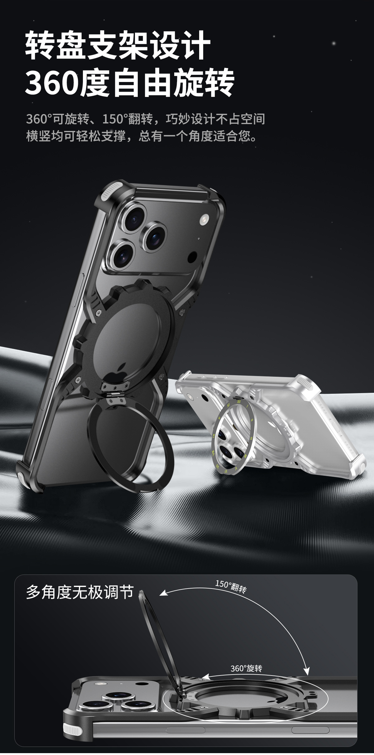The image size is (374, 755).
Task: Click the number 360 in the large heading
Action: tap(52, 82)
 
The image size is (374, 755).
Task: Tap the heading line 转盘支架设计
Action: tap(118, 45)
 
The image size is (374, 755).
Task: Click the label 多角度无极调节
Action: tap(80, 592)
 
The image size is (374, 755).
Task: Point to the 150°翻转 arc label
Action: tap(231, 587)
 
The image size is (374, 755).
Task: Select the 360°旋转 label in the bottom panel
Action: tap(246, 669)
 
